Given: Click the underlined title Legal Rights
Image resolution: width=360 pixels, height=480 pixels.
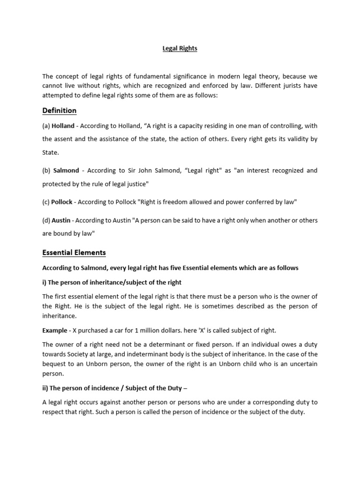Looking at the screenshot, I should coord(180,49).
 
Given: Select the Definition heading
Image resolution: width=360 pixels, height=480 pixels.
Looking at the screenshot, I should coord(59,111).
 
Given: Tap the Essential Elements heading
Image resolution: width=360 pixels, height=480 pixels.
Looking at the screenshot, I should coord(74,253).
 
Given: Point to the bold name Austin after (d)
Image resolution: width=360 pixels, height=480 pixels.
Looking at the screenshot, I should coord(61,220).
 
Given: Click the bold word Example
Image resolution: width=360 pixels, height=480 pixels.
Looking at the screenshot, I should coord(55,330).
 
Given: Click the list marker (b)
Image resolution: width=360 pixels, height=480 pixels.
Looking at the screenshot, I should coord(46,171).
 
